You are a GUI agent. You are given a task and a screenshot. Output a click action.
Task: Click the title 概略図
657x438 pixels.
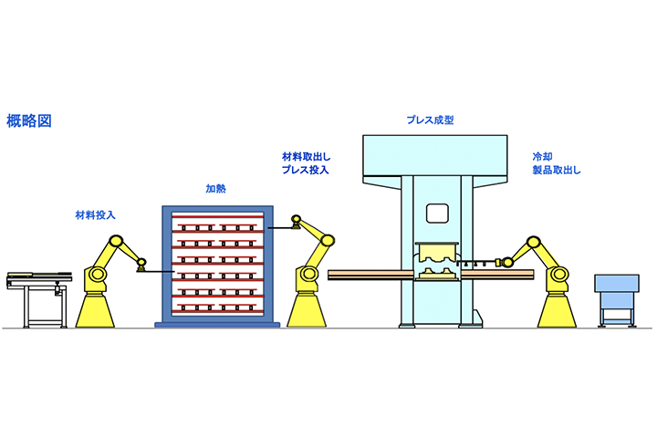pos(28,120)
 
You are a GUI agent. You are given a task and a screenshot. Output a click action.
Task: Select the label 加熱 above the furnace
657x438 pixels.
pos(215,190)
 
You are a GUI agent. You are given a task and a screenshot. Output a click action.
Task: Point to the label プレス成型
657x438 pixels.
pos(430,120)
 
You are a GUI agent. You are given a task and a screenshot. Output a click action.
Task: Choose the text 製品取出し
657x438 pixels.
pos(557,170)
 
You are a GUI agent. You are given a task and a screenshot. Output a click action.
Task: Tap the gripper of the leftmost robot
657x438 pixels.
pos(141,266)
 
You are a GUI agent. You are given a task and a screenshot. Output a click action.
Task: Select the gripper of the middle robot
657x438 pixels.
pos(295,223)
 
